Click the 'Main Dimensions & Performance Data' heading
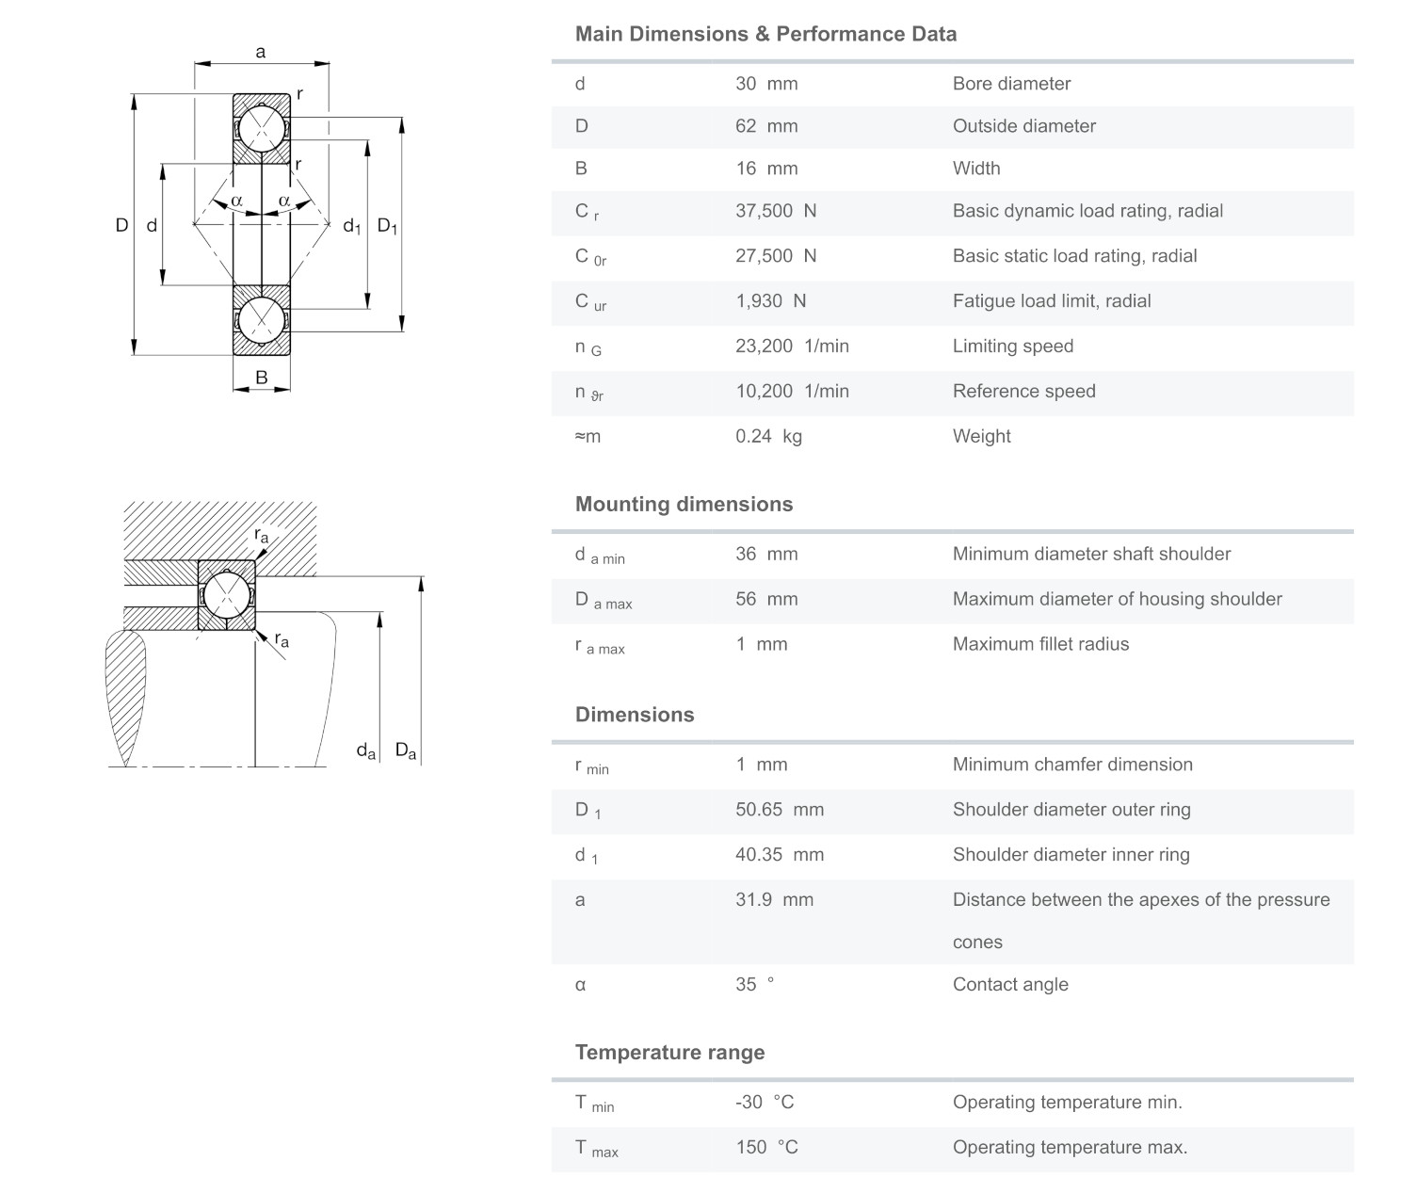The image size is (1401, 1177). click(765, 34)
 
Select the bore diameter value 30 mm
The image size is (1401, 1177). click(766, 84)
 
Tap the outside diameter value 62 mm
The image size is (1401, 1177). click(766, 126)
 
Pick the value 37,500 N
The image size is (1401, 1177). click(776, 211)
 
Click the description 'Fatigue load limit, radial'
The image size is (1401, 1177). click(1052, 301)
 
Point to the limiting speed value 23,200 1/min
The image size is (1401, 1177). click(792, 347)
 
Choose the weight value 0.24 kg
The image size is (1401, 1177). click(768, 436)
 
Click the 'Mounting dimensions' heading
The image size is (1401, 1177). click(684, 504)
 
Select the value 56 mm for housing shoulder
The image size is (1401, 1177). click(766, 599)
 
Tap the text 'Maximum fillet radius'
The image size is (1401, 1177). click(1040, 644)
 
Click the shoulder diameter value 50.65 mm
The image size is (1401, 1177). click(780, 810)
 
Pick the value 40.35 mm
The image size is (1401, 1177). click(780, 855)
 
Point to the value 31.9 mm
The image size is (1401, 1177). click(774, 899)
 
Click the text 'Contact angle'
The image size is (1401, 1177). click(1010, 985)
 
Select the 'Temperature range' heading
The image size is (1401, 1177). click(669, 1053)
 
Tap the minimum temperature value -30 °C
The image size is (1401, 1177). click(765, 1102)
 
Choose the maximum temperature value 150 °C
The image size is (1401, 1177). click(766, 1147)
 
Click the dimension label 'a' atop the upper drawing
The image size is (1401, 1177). click(261, 52)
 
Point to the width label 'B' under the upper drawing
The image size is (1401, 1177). click(262, 378)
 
